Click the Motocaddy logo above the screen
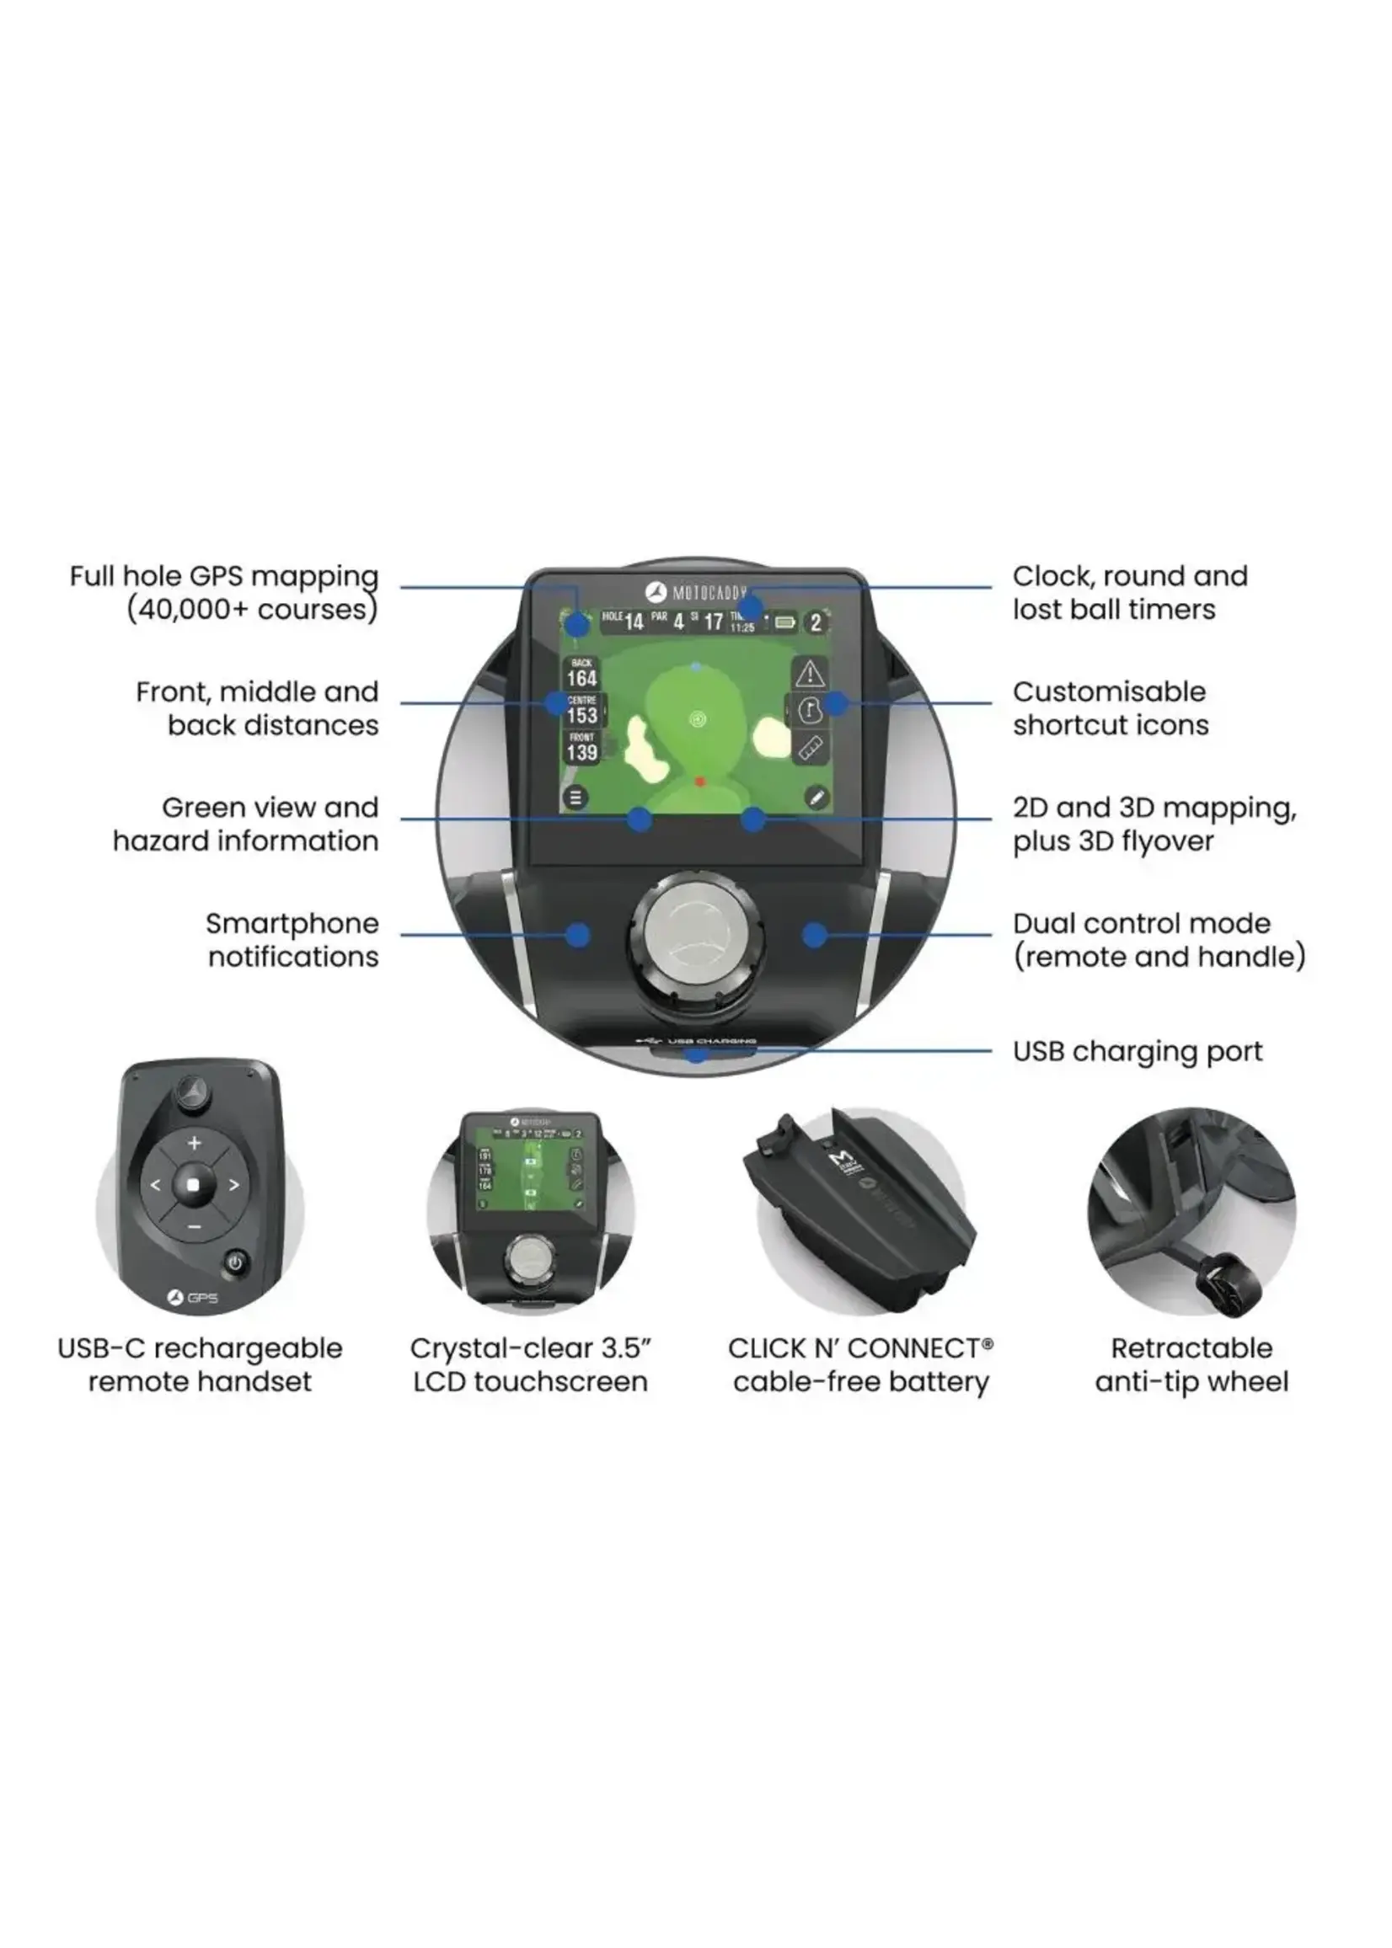point(696,593)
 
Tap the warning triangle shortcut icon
point(809,673)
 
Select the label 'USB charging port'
point(1137,1051)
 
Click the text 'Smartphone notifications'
point(292,940)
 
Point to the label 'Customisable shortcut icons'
point(1110,708)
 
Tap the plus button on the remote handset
point(194,1143)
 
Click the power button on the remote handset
point(236,1262)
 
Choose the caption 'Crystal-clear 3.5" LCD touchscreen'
point(530,1364)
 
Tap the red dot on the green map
point(699,782)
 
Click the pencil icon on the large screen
point(816,798)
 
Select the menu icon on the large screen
point(576,798)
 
